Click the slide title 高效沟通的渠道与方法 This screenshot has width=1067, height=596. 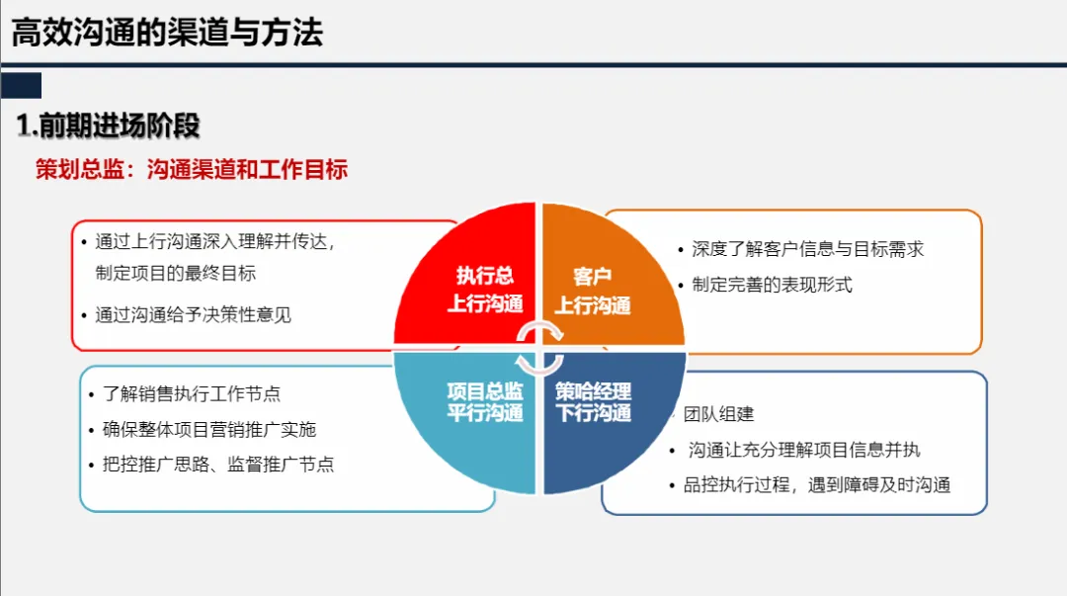tap(167, 33)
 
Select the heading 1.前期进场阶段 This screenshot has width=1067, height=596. tap(109, 126)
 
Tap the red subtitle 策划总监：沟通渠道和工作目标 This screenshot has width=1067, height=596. tap(192, 169)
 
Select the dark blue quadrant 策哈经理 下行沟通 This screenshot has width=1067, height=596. tap(593, 400)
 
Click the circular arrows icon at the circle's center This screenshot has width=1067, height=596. tap(539, 347)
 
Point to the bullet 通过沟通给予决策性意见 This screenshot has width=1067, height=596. tap(193, 315)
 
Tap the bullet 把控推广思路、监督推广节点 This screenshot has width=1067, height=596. tap(218, 464)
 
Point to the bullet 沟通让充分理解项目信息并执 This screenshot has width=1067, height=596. tap(804, 450)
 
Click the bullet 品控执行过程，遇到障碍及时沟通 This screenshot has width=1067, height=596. tap(816, 484)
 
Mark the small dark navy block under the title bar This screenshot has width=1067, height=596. tap(22, 84)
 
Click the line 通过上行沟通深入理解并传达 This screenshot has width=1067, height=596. tap(215, 242)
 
